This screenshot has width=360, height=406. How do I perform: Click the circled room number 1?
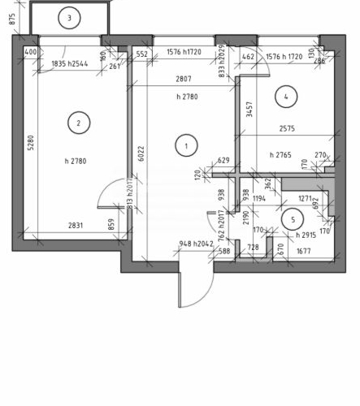point(187,146)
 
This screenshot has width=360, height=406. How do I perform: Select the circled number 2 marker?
point(78,123)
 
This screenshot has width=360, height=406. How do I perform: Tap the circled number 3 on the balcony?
point(70,18)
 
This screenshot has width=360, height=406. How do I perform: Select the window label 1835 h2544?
point(70,63)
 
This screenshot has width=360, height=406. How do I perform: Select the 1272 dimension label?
point(307,197)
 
